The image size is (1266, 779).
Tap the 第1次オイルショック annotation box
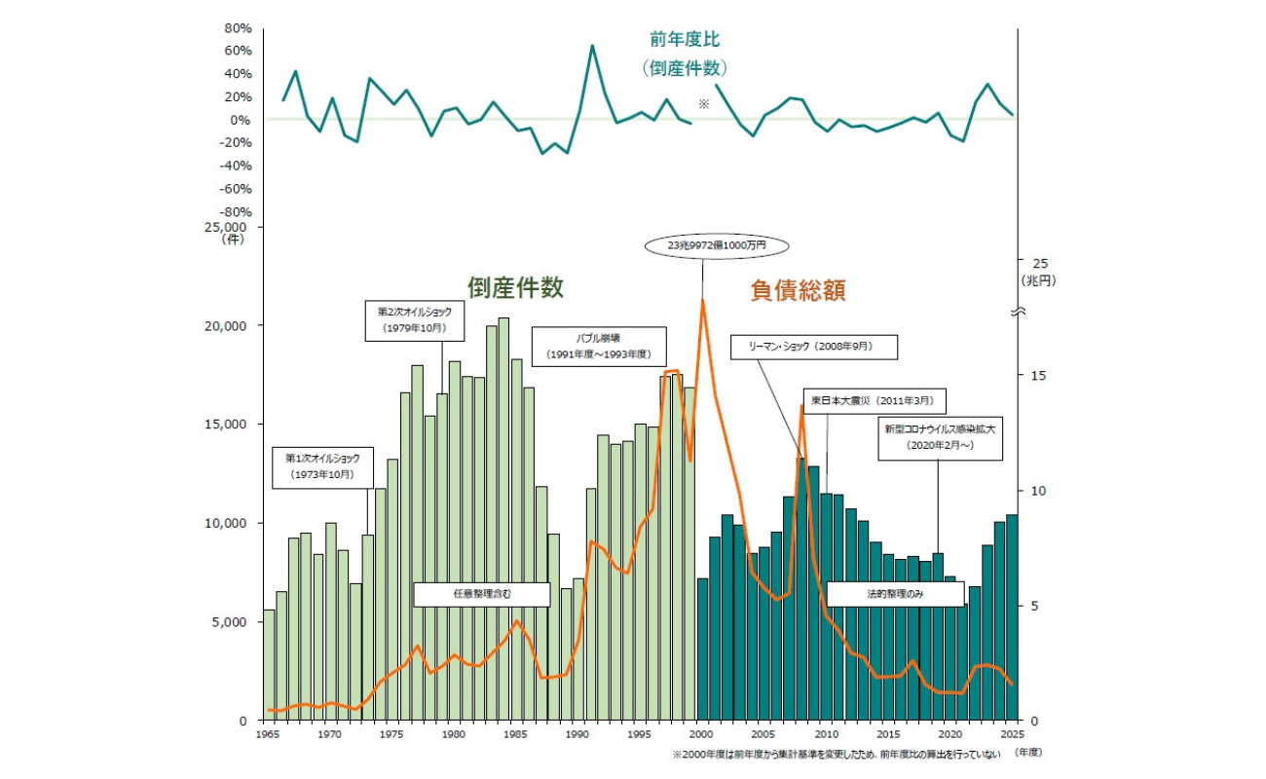321,466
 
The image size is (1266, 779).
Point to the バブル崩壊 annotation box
598,345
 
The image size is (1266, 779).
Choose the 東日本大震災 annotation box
875,400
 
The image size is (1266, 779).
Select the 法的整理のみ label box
894,594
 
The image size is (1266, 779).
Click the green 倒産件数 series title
516,287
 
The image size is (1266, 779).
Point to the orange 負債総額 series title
798,288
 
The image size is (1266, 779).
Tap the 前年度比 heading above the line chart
686,39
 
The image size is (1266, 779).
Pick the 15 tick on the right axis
1039,376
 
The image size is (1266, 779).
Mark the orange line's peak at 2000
702,300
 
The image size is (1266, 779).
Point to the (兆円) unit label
1038,279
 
